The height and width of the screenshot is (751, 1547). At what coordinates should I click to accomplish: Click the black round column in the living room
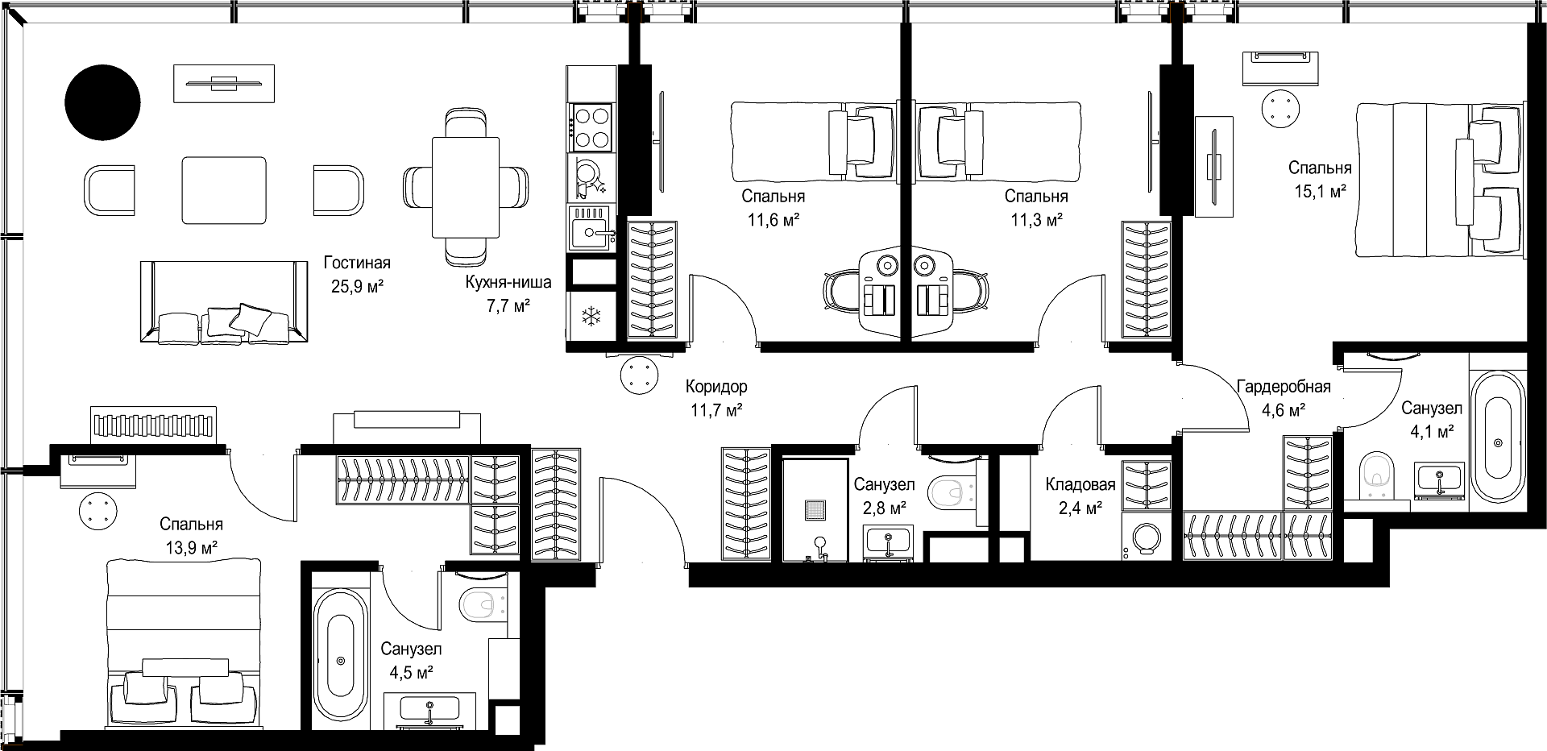(102, 102)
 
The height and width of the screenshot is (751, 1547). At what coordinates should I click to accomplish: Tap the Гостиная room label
(357, 263)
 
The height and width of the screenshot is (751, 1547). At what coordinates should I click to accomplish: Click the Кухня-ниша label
(508, 283)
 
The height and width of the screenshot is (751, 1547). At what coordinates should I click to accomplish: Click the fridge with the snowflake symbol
(591, 316)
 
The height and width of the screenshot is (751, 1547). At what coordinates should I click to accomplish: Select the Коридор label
(716, 387)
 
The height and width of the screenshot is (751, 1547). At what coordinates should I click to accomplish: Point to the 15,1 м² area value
(1320, 191)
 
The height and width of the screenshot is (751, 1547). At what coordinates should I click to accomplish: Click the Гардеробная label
(1284, 387)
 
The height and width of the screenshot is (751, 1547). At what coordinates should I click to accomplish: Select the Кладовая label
(1080, 485)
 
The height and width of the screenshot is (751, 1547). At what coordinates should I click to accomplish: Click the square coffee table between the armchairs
(224, 190)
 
